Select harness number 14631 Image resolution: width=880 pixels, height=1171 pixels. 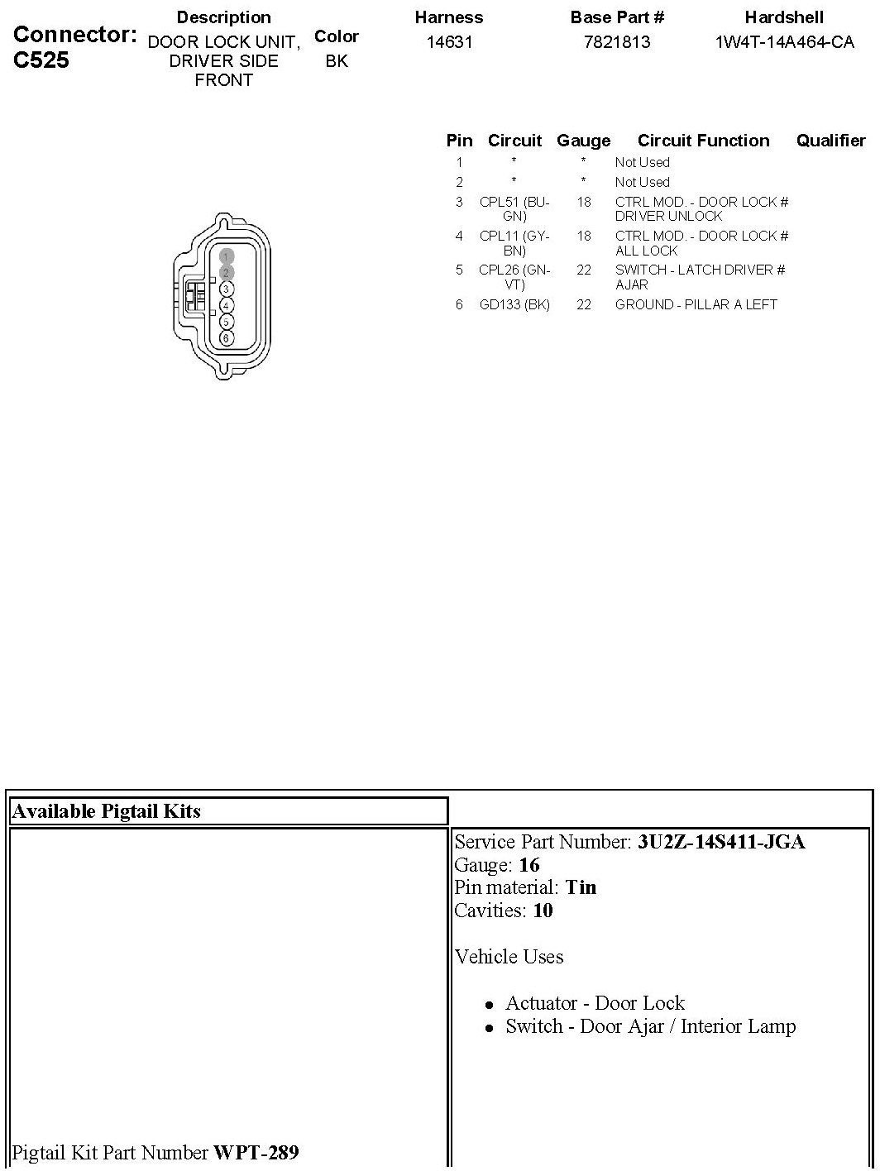[x=449, y=41]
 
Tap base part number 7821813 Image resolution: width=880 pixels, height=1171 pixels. [x=617, y=41]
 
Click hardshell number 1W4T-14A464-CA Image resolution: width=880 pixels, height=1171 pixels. [x=784, y=41]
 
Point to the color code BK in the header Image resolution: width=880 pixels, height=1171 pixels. [x=337, y=61]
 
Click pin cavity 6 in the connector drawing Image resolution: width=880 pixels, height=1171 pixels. [x=226, y=338]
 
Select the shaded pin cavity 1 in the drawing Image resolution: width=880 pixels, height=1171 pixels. [x=226, y=256]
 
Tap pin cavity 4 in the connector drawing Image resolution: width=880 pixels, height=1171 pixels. [x=226, y=305]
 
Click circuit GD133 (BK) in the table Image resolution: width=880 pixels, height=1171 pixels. [x=514, y=304]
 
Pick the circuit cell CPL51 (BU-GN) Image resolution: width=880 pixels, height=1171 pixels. [x=514, y=208]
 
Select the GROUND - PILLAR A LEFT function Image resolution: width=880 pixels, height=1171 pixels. [x=696, y=304]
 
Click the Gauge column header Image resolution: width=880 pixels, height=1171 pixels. [x=583, y=141]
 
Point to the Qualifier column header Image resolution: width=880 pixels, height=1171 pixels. [x=830, y=141]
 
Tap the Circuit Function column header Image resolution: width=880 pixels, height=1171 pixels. [x=703, y=141]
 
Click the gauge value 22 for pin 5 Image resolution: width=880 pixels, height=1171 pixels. [x=584, y=270]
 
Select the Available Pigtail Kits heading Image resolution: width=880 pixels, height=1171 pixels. [x=106, y=811]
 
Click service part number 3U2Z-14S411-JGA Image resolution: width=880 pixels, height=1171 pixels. [x=720, y=842]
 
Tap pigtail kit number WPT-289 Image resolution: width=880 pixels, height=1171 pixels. [x=256, y=1152]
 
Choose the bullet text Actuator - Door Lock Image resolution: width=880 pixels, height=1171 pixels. [x=595, y=1003]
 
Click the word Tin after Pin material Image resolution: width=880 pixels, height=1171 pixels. [x=581, y=887]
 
